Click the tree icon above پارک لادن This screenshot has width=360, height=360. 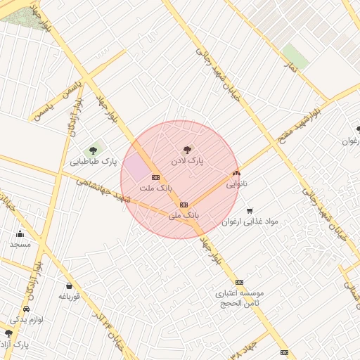coord(187,149)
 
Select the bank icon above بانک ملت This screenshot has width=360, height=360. coord(155,177)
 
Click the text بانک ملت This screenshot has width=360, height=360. coord(155,188)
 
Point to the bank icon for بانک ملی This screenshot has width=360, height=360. coord(184,205)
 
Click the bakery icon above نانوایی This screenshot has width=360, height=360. coord(236,173)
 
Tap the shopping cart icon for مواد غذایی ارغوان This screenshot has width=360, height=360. coord(250,210)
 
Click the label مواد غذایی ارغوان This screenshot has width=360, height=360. coord(250,221)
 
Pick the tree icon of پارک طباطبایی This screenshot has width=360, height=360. coord(92,150)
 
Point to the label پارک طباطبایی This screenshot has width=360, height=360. coord(92,162)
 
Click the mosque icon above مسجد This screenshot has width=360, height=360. coord(20,233)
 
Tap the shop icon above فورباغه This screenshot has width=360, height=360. coord(69,285)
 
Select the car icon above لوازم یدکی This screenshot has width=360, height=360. coord(27,309)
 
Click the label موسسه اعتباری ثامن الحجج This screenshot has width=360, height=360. coord(239,297)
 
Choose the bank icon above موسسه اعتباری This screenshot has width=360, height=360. coord(239,281)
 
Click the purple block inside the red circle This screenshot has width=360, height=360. coord(136,167)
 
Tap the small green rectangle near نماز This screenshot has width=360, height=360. coord(295,56)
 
